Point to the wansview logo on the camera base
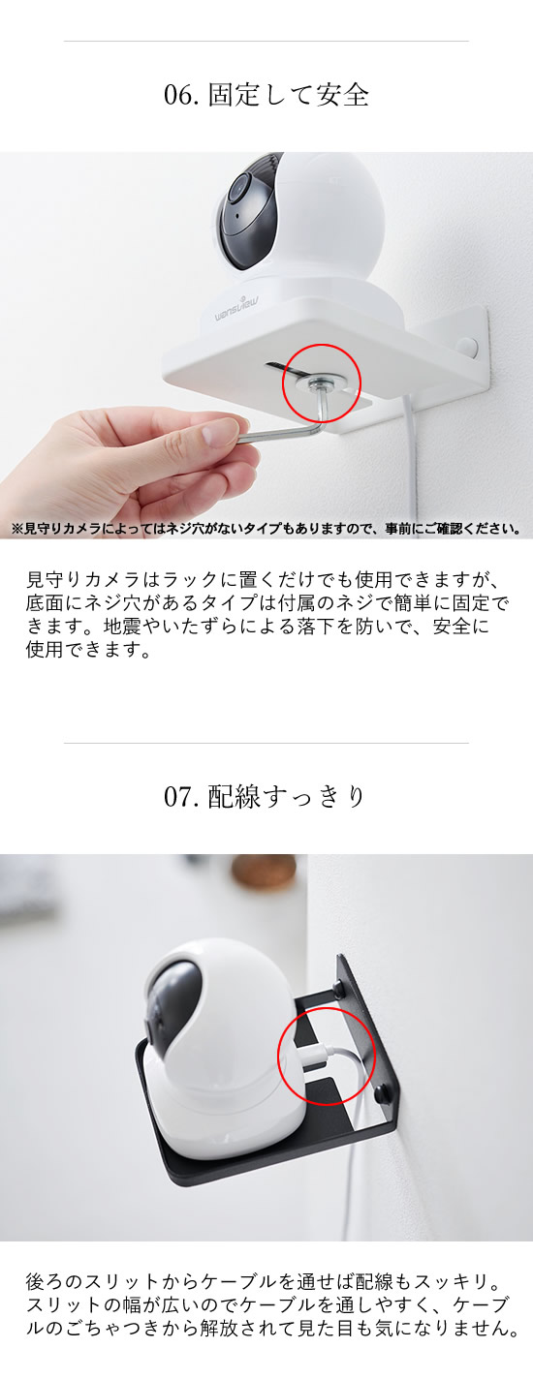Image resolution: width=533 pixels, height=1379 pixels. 237,308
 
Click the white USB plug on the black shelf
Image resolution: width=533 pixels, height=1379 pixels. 317,1057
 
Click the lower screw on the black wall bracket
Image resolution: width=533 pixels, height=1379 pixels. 383,1092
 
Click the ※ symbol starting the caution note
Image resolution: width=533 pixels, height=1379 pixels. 17,528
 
